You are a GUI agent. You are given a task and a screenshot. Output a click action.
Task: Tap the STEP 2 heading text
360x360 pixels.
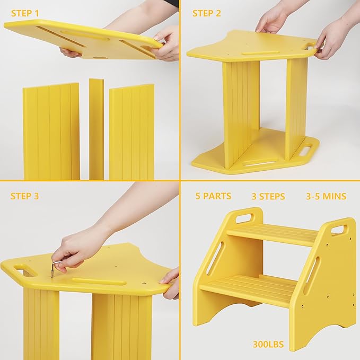point(207,13)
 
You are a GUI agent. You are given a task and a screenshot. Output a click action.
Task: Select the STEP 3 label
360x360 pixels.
point(24,196)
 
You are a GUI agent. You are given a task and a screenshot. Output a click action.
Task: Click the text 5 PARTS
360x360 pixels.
point(213,196)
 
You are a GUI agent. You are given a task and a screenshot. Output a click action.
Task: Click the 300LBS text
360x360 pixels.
point(268,345)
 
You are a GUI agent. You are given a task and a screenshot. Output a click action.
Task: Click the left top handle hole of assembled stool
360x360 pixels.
point(244,217)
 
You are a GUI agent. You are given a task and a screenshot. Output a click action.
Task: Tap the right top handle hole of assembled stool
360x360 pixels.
point(338,229)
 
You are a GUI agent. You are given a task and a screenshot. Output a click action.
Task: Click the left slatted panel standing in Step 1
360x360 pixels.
point(51,131)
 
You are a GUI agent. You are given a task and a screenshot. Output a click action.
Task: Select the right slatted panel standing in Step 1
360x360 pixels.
point(131,132)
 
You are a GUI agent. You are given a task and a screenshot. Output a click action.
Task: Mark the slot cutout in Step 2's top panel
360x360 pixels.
point(260,53)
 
